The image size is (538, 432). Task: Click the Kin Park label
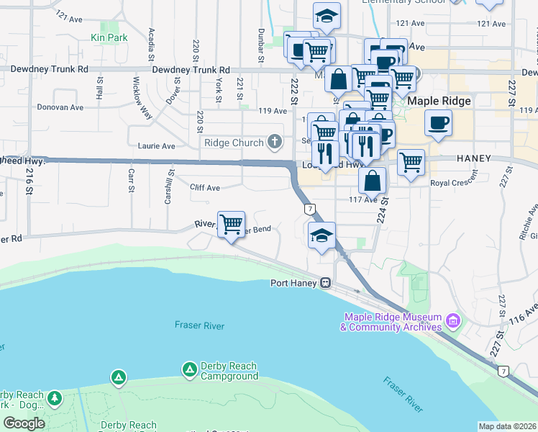coord(109,37)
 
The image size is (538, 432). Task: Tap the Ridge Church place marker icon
coord(274,143)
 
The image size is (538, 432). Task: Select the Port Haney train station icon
coord(326,283)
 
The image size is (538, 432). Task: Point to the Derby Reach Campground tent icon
coord(189,370)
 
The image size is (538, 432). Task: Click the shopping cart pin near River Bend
coord(231,225)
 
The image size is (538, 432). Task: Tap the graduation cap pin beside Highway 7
coord(322,235)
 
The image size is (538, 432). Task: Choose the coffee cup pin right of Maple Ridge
coord(437,122)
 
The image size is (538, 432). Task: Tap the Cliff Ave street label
coord(204,188)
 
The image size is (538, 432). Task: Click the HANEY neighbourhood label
coord(472,158)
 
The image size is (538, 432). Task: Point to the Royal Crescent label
coord(454,183)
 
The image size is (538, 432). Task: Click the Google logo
coord(24,423)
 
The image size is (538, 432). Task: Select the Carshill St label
coord(169,186)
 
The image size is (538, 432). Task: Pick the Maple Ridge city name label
coord(439,102)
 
